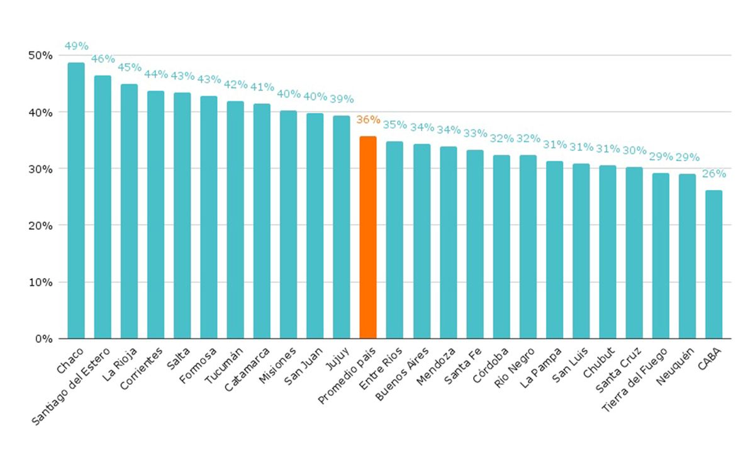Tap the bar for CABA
click(x=713, y=264)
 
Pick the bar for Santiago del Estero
click(x=103, y=207)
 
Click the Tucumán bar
click(x=235, y=220)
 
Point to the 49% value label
click(x=76, y=46)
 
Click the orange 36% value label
click(x=368, y=120)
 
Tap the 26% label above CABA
click(x=713, y=174)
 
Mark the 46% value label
click(x=103, y=59)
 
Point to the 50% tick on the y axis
click(x=40, y=55)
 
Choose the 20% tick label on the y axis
click(x=40, y=225)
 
